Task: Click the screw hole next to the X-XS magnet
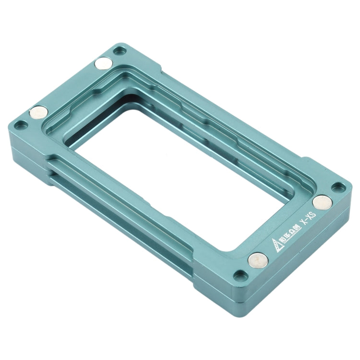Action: pyautogui.click(x=339, y=187)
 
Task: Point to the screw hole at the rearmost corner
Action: pyautogui.click(x=120, y=49)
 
